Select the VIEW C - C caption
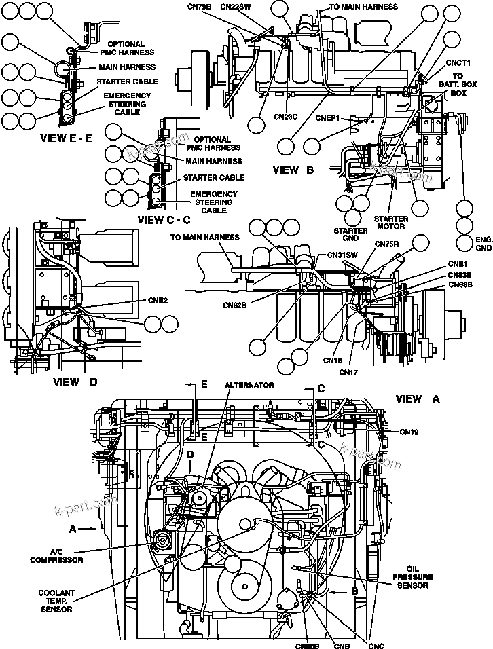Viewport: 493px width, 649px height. (164, 219)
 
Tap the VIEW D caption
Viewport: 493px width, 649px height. (75, 382)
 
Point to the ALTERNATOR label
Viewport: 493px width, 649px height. (249, 385)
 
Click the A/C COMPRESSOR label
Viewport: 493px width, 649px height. (56, 556)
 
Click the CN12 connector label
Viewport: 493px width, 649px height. (409, 431)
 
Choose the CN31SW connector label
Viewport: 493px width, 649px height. (342, 255)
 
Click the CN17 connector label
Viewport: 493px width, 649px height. (348, 371)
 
